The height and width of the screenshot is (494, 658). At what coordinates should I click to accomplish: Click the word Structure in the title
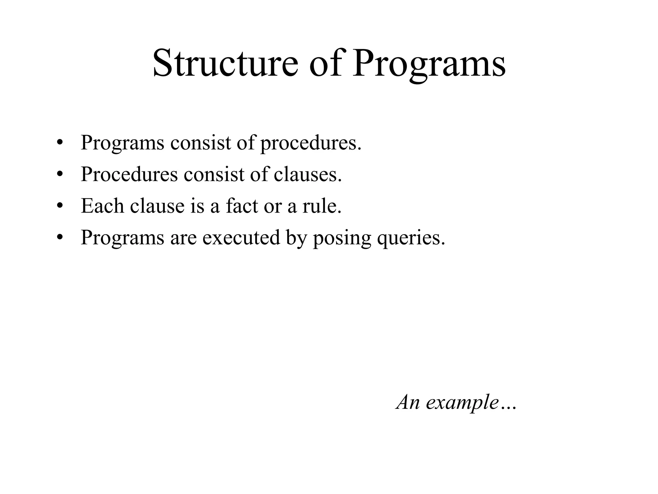coord(225,63)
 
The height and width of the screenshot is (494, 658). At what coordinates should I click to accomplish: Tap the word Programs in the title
coord(429,63)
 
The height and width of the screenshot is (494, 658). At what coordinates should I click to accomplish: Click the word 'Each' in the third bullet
coord(102,206)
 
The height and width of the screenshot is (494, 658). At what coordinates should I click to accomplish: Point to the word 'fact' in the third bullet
coord(242,206)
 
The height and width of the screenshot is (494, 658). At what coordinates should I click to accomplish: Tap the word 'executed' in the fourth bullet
coord(241,237)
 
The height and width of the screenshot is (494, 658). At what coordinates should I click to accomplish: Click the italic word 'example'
coord(462,402)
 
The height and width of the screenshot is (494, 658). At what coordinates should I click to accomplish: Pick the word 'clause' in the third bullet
coord(157,206)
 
